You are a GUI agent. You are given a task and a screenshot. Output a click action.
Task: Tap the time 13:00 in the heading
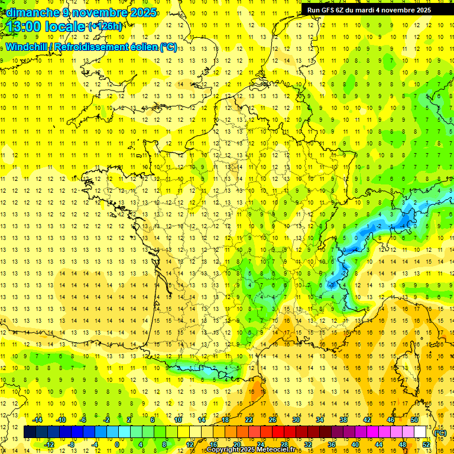point(26,27)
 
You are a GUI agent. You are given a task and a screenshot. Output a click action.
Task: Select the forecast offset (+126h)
point(105,26)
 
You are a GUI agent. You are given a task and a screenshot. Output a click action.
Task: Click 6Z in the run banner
point(341,10)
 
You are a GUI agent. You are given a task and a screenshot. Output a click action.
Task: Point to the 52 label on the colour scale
point(426,444)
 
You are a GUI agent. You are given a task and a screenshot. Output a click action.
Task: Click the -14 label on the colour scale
point(38,420)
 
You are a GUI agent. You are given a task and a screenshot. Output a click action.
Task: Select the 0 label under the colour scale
point(117,444)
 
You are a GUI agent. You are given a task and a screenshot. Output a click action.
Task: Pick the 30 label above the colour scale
point(296,420)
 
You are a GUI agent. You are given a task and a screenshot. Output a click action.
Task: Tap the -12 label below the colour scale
point(49,444)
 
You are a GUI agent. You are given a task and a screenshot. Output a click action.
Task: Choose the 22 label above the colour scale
point(249,420)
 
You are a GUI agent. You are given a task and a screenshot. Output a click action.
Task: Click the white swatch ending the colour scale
point(420,432)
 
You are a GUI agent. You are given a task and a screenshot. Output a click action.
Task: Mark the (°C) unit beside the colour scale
point(440,432)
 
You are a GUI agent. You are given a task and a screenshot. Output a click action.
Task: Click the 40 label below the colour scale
point(355,444)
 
